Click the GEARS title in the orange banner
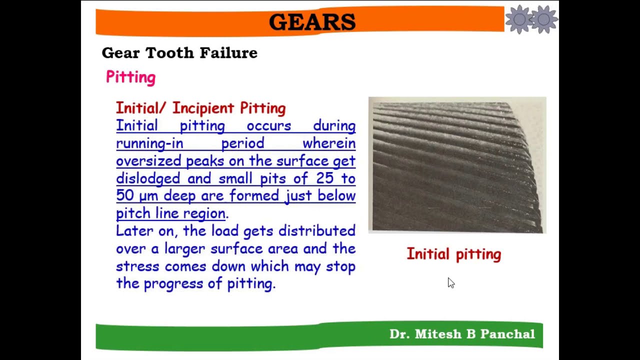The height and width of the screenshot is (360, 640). point(312,22)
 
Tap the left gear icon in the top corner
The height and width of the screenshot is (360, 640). point(519,19)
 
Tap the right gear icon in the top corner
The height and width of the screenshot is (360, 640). point(544,19)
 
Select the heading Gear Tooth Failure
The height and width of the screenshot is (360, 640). point(179,53)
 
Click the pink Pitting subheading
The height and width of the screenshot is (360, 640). point(131,77)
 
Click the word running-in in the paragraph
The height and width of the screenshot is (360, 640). point(149,143)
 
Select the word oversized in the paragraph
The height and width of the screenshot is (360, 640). point(148,161)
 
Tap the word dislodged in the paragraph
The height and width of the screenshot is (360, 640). point(148,178)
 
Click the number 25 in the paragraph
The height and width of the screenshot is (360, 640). point(323,178)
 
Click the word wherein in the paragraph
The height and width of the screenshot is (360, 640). point(329,143)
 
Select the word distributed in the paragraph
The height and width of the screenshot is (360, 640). point(317,231)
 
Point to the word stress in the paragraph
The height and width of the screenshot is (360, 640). point(137,266)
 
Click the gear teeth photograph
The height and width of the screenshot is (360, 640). point(457,165)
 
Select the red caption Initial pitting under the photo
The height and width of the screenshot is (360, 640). point(453,254)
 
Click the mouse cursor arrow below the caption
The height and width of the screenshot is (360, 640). point(450,283)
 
